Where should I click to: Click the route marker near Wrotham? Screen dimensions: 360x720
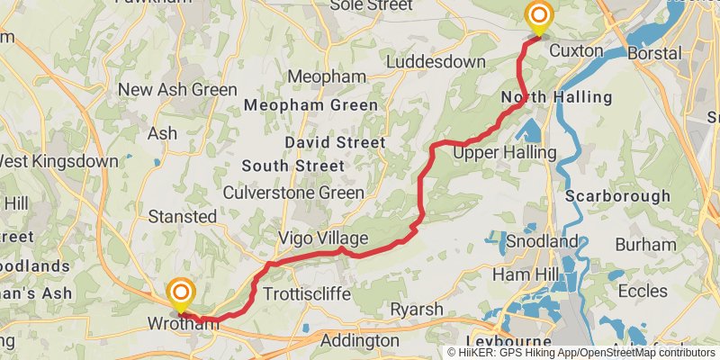click(181, 292)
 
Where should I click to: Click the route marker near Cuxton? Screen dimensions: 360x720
click(539, 16)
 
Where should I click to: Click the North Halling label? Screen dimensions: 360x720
click(556, 97)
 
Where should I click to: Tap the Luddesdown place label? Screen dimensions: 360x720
click(436, 62)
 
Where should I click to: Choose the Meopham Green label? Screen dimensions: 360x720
click(312, 105)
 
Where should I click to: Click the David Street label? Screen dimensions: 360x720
click(335, 142)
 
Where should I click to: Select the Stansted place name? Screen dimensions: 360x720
click(183, 217)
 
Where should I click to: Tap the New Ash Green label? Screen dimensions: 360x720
click(177, 89)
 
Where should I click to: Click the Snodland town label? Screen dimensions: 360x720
click(542, 242)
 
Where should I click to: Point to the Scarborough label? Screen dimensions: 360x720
click(618, 195)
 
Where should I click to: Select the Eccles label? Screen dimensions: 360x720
click(643, 291)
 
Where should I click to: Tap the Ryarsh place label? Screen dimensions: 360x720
click(416, 310)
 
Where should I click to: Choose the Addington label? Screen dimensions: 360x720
click(360, 341)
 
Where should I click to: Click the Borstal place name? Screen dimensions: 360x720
click(655, 53)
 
